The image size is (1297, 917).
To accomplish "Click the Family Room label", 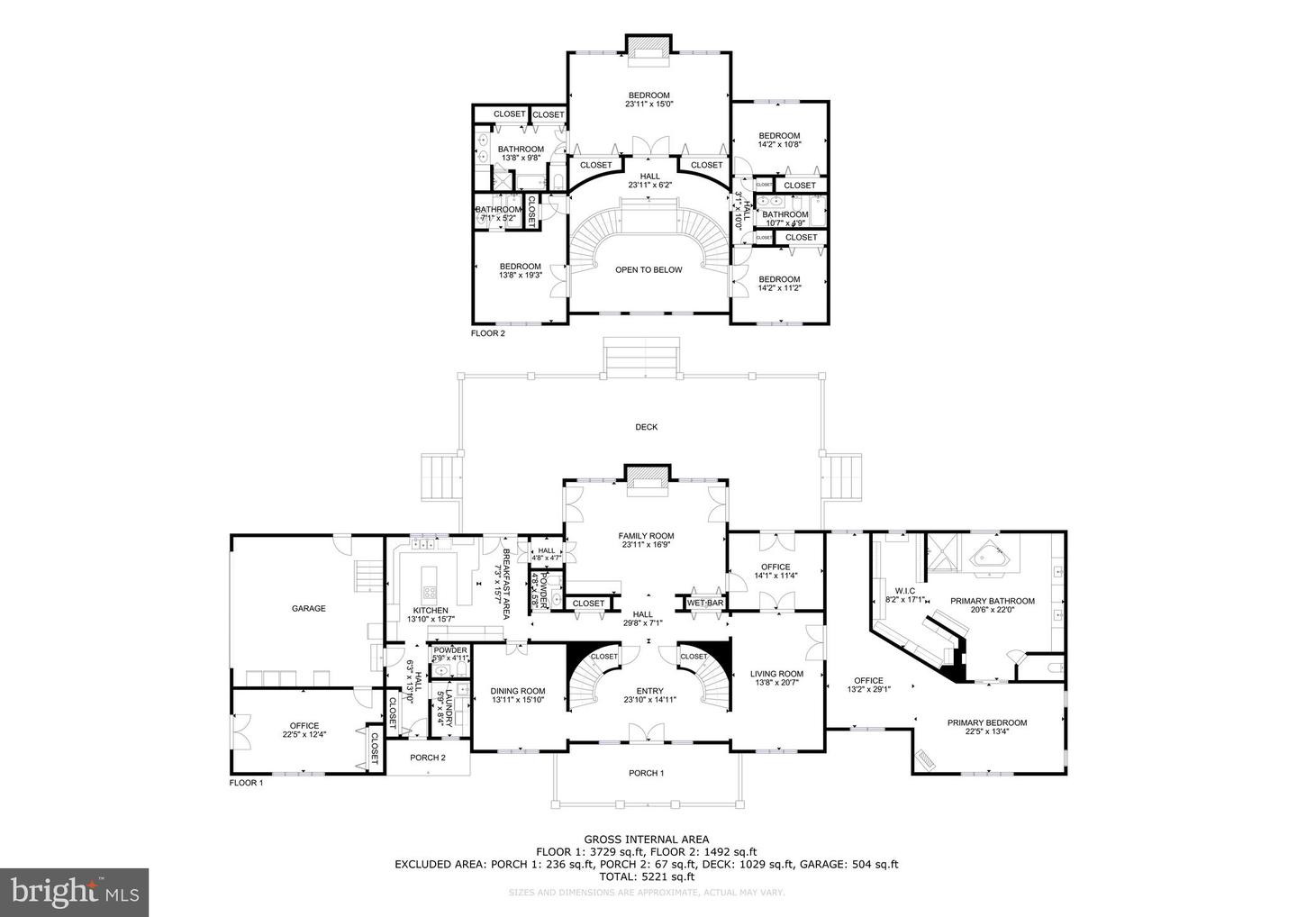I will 646,536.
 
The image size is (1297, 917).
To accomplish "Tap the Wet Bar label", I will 707,603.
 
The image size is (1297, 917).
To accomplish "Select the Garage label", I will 308,609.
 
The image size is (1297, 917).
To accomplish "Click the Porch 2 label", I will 428,758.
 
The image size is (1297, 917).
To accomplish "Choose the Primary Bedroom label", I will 986,722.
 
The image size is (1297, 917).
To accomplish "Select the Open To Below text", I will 648,269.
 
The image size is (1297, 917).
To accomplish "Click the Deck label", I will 646,427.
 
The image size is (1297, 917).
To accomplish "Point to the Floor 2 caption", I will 488,333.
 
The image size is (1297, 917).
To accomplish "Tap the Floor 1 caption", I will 246,783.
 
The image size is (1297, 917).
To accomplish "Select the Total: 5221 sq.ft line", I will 646,876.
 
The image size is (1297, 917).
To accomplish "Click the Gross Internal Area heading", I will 646,839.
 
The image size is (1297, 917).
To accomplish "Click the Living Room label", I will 776,674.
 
